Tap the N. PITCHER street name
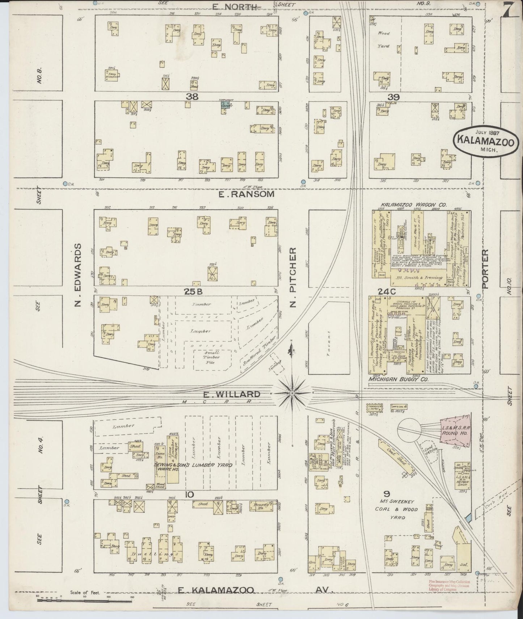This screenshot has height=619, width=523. pyautogui.click(x=294, y=277)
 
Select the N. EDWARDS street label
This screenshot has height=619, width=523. pyautogui.click(x=77, y=275)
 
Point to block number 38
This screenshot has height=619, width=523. pyautogui.click(x=192, y=97)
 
